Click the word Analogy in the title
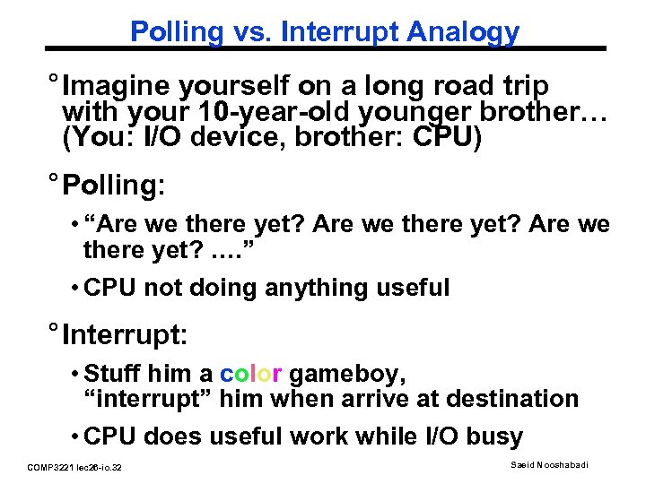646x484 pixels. point(463,32)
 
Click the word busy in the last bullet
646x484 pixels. point(492,437)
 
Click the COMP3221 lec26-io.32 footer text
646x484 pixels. point(74,467)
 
